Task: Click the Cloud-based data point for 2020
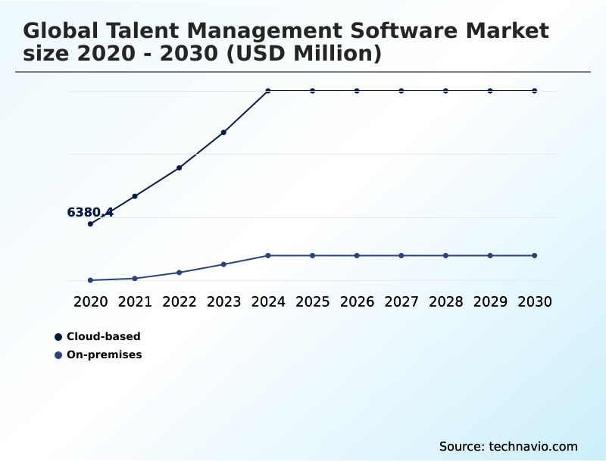90,223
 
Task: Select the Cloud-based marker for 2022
179,167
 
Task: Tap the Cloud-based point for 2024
268,91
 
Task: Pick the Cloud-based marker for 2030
535,91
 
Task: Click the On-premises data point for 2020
90,280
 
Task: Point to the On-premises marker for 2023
223,264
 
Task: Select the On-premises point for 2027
401,255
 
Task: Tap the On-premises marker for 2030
535,255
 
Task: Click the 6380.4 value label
90,212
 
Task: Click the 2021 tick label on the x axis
135,301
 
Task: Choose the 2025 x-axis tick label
312,301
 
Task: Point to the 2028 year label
445,301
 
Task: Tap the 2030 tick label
535,301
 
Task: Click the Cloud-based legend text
103,336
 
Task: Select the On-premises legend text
104,354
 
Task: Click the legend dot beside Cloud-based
58,336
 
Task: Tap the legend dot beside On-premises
58,354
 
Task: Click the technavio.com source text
533,446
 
